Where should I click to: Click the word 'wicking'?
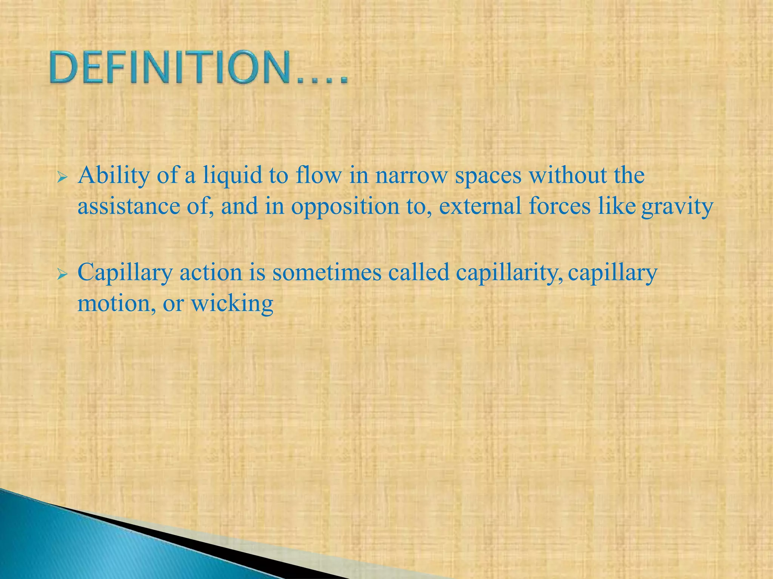pyautogui.click(x=232, y=303)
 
